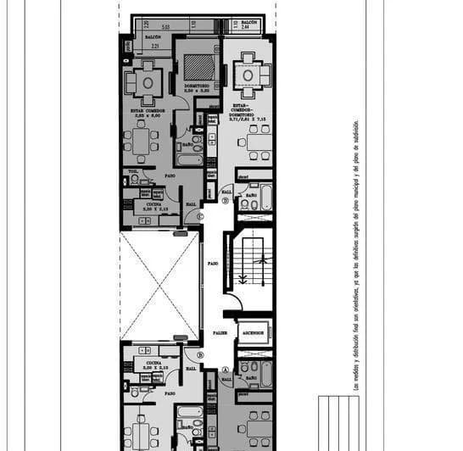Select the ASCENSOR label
[x=254, y=333]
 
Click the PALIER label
[x=220, y=333]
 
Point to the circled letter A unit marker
[x=226, y=370]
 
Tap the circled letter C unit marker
[x=199, y=216]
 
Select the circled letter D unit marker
[x=226, y=201]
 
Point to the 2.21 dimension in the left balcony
[x=155, y=47]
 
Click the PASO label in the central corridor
[x=213, y=264]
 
